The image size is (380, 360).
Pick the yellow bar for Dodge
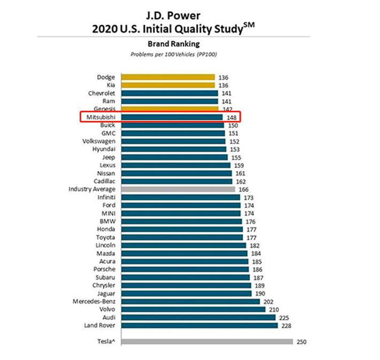point(168,77)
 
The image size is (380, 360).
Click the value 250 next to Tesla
point(301,342)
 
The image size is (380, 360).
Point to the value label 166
point(244,189)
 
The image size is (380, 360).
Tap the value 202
point(269,301)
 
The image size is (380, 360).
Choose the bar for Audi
point(198,317)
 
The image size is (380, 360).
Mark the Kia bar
point(168,85)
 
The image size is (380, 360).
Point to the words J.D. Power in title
point(174,15)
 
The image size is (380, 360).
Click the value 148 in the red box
point(231,117)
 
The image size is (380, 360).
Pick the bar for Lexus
point(176,165)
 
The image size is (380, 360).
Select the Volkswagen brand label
point(98,141)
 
